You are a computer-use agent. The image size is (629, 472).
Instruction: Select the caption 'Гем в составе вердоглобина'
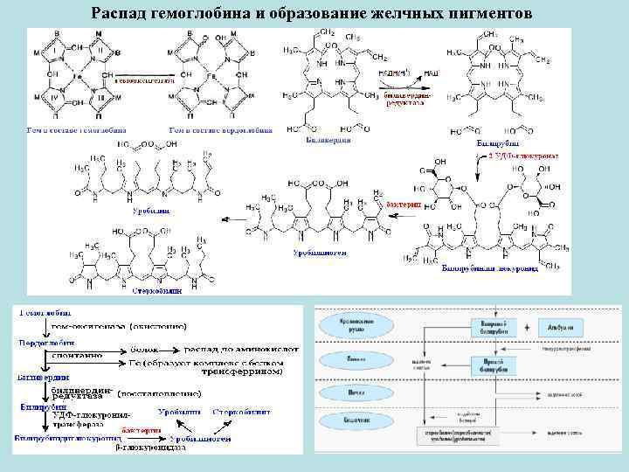click(219, 129)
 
